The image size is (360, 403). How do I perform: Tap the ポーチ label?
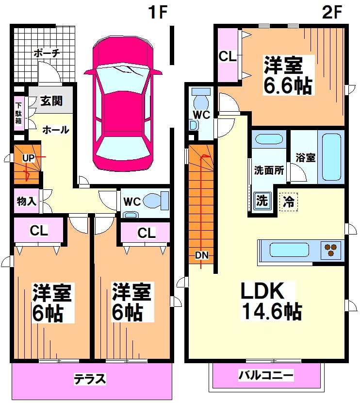pyautogui.click(x=47, y=53)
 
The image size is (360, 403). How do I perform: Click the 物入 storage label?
pyautogui.click(x=26, y=201)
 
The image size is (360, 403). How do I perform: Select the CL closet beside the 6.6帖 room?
pyautogui.click(x=227, y=56)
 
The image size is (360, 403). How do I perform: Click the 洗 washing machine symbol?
pyautogui.click(x=262, y=200)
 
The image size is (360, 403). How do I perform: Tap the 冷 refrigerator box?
pyautogui.click(x=288, y=200)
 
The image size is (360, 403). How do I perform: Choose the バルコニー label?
pyautogui.click(x=266, y=375)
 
